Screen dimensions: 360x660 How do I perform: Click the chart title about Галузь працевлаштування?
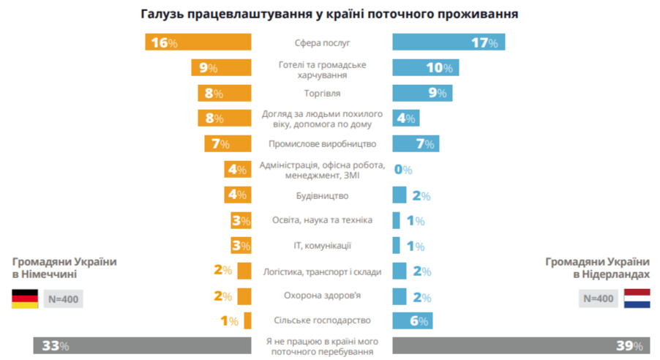[x=330, y=14]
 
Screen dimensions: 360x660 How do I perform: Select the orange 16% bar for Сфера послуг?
[x=198, y=42]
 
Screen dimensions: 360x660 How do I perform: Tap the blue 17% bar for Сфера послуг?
[x=448, y=42]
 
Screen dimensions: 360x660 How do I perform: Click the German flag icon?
[x=25, y=299]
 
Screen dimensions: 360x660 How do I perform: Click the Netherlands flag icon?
[x=637, y=299]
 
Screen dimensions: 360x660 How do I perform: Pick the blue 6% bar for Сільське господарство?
[x=412, y=320]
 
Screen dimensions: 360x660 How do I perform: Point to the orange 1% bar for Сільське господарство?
[x=248, y=320]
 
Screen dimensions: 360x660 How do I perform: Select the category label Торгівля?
[x=322, y=94]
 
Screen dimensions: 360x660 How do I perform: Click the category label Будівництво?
[x=322, y=195]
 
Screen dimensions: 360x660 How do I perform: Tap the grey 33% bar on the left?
[x=142, y=345]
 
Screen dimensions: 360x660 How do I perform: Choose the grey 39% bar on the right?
[x=520, y=345]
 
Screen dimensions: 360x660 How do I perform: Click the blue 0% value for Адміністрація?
[x=403, y=170]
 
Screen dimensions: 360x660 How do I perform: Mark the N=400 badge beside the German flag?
[x=63, y=299]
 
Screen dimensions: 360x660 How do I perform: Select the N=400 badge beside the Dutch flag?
[x=599, y=299]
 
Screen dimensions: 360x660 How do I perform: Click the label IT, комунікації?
[x=322, y=246]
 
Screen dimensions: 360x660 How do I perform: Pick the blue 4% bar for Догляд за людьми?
[x=405, y=119]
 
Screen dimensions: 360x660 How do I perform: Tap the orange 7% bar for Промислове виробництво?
[x=228, y=143]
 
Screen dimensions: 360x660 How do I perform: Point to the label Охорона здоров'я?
[x=322, y=296]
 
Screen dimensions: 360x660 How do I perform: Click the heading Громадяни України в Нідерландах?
[x=596, y=268]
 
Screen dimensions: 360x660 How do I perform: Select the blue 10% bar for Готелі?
[x=425, y=68]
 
